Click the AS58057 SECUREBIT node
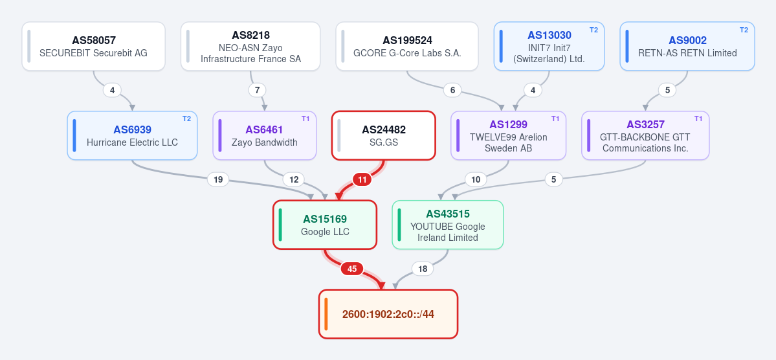[x=94, y=47]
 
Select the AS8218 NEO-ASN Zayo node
[x=250, y=47]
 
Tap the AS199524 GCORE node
[x=407, y=47]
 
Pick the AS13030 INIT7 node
[x=549, y=47]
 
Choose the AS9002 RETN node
[x=687, y=47]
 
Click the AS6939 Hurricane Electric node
[x=132, y=136]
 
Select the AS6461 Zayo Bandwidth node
[x=264, y=136]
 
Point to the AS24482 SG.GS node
[x=384, y=136]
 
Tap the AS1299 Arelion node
[x=508, y=136]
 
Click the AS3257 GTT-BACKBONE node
[x=645, y=136]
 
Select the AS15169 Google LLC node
[x=325, y=225]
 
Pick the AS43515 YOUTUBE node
[x=448, y=225]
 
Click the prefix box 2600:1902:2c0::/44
[x=388, y=314]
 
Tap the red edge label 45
[x=352, y=269]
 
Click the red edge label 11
[x=362, y=179]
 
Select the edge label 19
[x=217, y=179]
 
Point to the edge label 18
[x=423, y=269]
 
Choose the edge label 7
[x=257, y=90]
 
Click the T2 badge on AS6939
[x=186, y=119]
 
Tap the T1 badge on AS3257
[x=698, y=119]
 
